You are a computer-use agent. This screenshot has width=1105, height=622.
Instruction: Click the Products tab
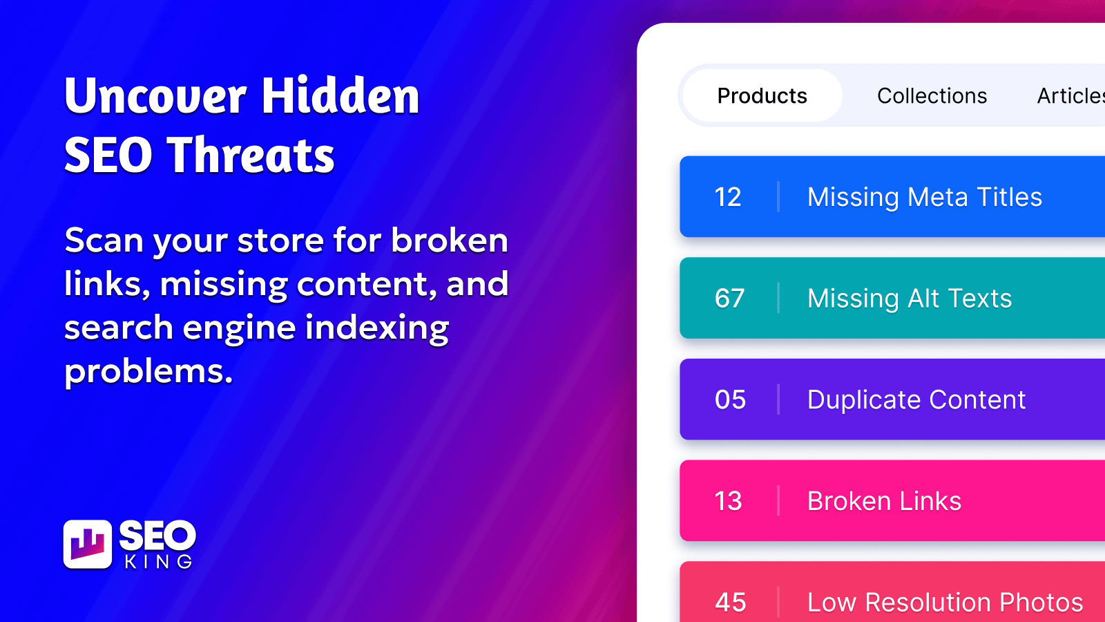762,95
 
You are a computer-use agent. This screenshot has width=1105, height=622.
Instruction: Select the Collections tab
932,96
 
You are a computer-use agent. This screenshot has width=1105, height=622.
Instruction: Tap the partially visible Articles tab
1070,96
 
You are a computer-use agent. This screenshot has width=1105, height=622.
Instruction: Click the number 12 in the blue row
728,197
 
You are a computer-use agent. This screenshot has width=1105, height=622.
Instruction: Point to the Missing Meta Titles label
925,197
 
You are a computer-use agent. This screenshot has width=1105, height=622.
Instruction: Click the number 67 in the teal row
729,298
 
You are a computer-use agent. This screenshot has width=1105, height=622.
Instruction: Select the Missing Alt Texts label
910,298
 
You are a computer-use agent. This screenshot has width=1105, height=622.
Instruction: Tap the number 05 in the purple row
730,399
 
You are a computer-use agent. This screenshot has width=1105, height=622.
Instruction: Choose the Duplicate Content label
916,399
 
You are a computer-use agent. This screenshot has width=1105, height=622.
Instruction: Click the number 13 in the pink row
728,501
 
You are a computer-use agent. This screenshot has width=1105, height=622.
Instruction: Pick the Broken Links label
885,501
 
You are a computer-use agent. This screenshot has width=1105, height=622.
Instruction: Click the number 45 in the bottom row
731,602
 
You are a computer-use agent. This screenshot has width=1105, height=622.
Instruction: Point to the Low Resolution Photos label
945,602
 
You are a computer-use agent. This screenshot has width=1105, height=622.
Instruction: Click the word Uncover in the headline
155,95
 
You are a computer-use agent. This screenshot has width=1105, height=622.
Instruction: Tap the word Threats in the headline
251,155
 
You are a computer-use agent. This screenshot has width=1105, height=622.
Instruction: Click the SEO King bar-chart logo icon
88,544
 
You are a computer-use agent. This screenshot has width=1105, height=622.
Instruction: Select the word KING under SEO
158,562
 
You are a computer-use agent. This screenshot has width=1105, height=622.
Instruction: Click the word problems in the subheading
148,371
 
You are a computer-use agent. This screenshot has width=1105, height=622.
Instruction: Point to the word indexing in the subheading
377,328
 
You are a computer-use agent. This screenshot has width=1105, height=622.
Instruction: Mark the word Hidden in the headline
340,95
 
